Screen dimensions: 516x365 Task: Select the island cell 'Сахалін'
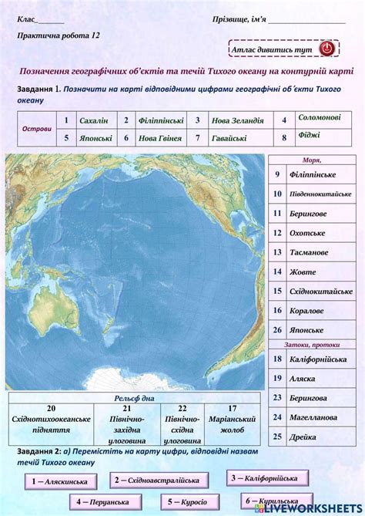[x=93, y=120]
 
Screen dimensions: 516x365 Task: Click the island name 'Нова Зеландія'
[x=238, y=120]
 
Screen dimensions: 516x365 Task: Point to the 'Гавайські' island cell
[x=229, y=138]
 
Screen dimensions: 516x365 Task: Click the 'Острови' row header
[x=37, y=129]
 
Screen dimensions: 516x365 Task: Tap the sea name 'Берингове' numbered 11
[x=308, y=213]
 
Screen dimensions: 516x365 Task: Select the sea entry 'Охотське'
[x=306, y=232]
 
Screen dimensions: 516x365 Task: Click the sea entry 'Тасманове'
[x=309, y=252]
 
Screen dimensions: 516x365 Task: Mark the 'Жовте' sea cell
[x=303, y=271]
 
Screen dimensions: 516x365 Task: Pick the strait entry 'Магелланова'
[x=313, y=417]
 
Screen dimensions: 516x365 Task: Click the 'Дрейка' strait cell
[x=303, y=437]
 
